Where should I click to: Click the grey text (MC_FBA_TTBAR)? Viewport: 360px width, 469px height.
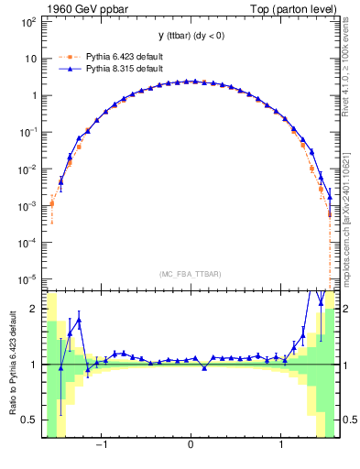pyautogui.click(x=190, y=273)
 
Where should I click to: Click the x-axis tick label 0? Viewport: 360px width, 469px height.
pyautogui.click(x=190, y=446)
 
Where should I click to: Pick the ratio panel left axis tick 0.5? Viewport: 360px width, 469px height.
pyautogui.click(x=28, y=420)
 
